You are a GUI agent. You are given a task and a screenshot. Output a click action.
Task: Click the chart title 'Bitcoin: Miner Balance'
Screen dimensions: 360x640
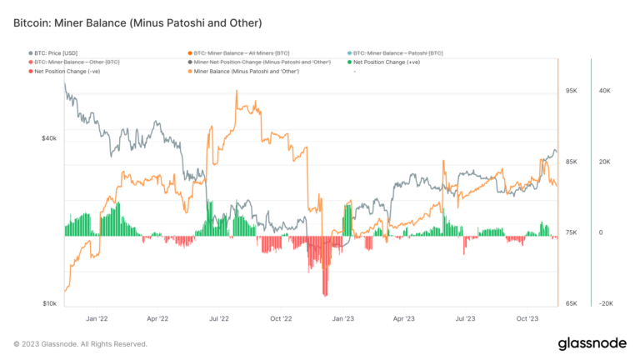(x=137, y=22)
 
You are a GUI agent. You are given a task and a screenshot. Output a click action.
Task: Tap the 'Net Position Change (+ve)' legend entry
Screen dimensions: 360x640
(x=383, y=62)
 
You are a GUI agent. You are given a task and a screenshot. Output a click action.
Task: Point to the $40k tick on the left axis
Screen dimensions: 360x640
(x=49, y=137)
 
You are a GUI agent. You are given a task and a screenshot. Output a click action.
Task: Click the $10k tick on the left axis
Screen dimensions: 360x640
(x=49, y=304)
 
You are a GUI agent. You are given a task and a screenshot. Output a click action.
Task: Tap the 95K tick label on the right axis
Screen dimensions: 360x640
(x=571, y=90)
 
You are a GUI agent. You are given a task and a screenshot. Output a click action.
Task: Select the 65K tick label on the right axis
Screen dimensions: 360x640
(x=571, y=304)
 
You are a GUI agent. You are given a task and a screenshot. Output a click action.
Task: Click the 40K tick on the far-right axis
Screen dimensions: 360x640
(x=606, y=90)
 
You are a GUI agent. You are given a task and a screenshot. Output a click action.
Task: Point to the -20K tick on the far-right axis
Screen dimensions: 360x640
(x=606, y=304)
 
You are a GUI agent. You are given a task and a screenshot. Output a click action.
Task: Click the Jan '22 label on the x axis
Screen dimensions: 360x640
(x=97, y=318)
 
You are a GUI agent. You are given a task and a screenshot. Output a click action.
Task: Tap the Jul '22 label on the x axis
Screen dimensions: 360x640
(x=220, y=318)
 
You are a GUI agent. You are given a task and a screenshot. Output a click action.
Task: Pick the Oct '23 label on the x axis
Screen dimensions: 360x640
(x=527, y=318)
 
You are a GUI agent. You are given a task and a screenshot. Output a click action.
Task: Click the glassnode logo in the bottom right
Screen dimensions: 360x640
(x=593, y=343)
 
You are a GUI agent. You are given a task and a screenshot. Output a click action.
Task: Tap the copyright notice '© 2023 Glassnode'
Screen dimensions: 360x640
(x=80, y=343)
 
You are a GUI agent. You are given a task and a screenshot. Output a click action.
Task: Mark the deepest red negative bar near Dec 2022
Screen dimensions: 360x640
(x=325, y=293)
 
